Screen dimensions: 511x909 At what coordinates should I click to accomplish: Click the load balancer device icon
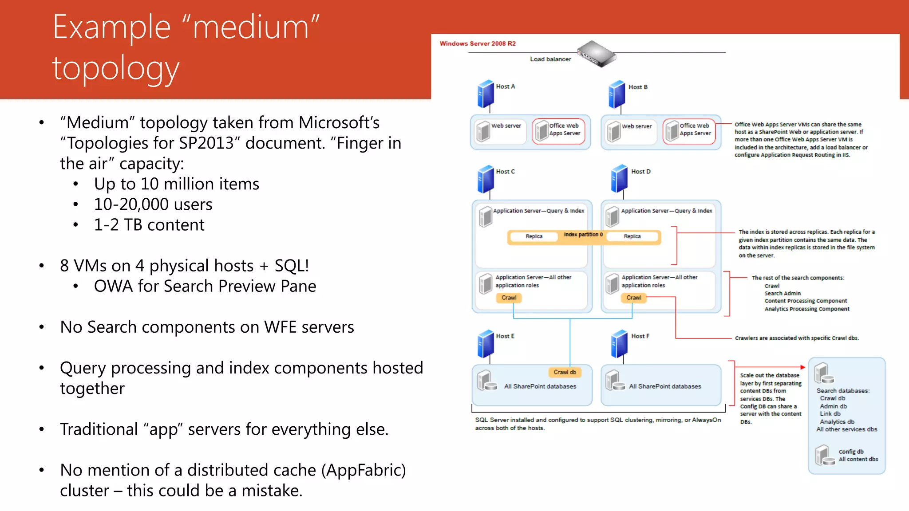click(x=596, y=54)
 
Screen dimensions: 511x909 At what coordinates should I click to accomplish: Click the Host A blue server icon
click(x=486, y=94)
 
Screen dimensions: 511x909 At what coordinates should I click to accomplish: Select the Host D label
click(x=640, y=172)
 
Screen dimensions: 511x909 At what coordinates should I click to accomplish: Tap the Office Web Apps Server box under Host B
click(x=689, y=131)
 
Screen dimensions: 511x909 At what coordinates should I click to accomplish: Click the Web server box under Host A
click(x=500, y=131)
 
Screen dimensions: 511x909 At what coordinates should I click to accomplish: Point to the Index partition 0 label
click(x=583, y=235)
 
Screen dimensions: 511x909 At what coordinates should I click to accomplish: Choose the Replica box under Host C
click(x=534, y=236)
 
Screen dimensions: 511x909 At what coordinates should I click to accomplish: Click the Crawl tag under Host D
click(x=633, y=298)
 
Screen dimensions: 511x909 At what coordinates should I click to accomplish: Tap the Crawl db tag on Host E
click(x=565, y=372)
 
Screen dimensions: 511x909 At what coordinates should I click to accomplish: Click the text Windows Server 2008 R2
click(x=478, y=43)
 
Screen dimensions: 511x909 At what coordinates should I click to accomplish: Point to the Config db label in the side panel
click(x=851, y=452)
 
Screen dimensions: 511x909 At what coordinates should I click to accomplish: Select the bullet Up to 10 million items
click(x=176, y=184)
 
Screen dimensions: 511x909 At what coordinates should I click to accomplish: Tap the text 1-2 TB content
click(x=149, y=225)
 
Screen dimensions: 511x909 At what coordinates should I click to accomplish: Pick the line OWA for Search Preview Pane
click(x=205, y=286)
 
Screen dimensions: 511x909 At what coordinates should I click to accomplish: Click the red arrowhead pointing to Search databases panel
click(x=802, y=367)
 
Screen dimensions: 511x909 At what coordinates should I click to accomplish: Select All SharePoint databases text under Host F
click(x=665, y=386)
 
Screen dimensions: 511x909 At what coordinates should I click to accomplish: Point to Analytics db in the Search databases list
click(x=837, y=422)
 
